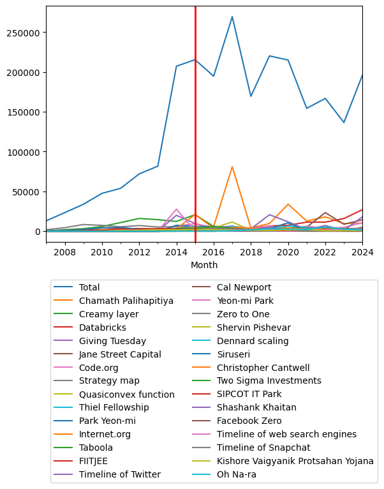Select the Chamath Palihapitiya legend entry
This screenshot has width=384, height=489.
[126, 301]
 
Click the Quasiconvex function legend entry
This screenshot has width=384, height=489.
[126, 395]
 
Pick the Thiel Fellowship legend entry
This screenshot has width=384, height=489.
[114, 408]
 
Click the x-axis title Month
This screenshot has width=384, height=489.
[204, 265]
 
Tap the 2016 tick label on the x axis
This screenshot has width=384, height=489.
[214, 253]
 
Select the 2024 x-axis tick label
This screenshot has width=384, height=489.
[362, 253]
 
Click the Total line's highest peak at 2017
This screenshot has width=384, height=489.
[232, 17]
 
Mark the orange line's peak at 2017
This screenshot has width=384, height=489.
[232, 167]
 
